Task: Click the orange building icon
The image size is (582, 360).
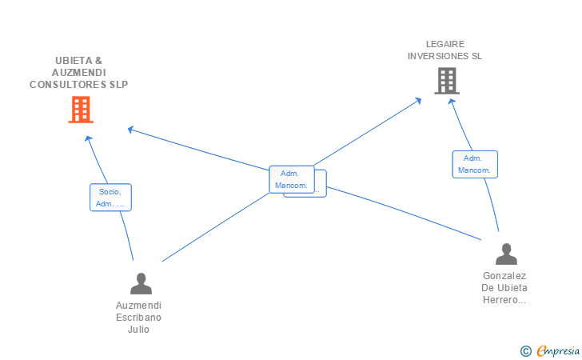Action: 81,110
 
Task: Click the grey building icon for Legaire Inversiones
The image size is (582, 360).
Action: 447,81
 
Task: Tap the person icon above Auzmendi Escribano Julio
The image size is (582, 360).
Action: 141,283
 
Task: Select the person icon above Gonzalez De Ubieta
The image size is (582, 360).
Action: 506,254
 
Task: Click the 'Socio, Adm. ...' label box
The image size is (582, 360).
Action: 110,198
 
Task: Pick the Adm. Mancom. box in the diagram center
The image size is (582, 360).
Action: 292,179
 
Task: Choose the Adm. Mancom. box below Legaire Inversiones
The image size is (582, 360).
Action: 475,164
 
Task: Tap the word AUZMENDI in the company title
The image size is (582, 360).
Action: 78,73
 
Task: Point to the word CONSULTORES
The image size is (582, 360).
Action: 68,85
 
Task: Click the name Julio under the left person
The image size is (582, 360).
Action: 138,330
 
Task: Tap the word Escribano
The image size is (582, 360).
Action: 138,318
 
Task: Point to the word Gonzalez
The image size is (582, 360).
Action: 504,276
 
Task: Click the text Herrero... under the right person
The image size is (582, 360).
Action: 504,300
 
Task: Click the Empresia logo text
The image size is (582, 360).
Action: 558,350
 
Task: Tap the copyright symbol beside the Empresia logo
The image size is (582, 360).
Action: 526,351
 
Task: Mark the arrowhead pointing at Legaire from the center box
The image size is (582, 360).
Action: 418,100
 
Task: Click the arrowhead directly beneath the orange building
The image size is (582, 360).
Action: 88,138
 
